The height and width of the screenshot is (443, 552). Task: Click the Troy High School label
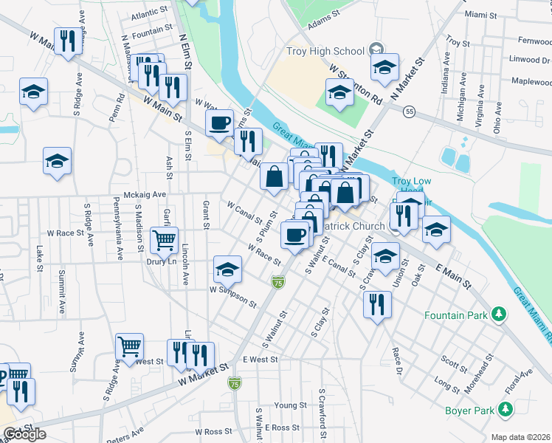[325, 51]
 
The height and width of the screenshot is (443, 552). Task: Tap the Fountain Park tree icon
[500, 315]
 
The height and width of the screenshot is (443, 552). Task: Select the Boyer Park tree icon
[506, 409]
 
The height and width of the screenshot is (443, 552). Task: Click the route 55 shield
[408, 111]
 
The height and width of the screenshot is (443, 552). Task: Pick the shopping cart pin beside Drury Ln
[164, 239]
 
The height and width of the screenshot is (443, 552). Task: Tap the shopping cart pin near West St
[130, 346]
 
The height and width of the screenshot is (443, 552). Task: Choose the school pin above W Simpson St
[228, 269]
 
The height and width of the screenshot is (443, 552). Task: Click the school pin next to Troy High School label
[384, 67]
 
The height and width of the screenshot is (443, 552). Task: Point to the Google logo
[24, 434]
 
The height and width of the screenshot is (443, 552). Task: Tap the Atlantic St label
[150, 15]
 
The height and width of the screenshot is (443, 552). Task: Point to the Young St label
[290, 405]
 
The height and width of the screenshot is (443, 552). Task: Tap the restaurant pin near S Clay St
[377, 304]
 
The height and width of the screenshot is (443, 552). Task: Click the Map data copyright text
[521, 437]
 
